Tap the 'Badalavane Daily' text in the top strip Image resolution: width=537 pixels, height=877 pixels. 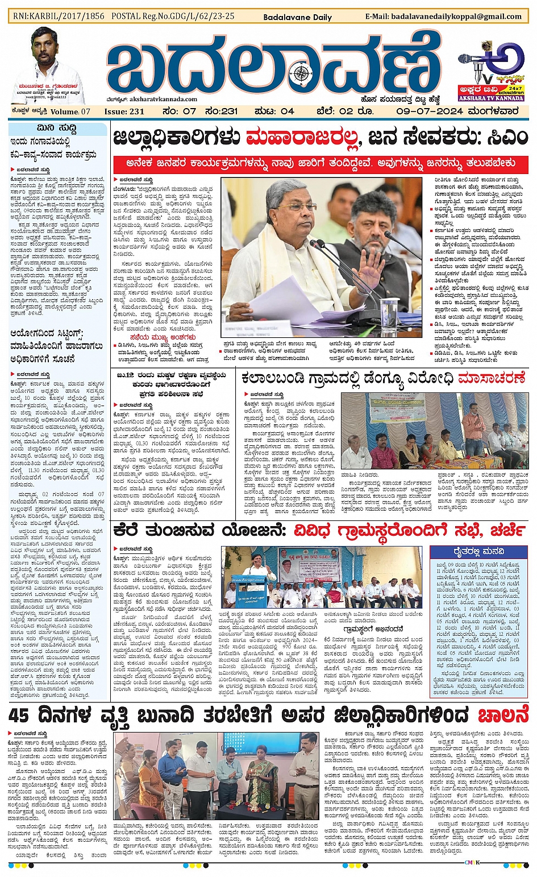click(297, 17)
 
